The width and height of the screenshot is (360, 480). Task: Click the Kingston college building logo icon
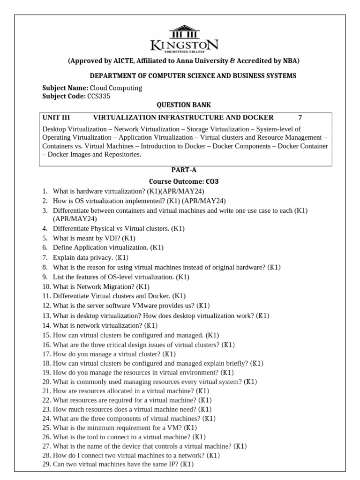(x=184, y=34)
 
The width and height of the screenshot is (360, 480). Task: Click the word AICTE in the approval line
(x=124, y=61)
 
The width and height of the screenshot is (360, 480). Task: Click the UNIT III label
(x=56, y=117)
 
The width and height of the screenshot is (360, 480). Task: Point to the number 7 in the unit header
(x=300, y=117)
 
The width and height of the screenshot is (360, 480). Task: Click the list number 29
(x=46, y=464)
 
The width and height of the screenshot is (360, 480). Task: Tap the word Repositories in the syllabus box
(x=121, y=155)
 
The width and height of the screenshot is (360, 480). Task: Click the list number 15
(x=46, y=335)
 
